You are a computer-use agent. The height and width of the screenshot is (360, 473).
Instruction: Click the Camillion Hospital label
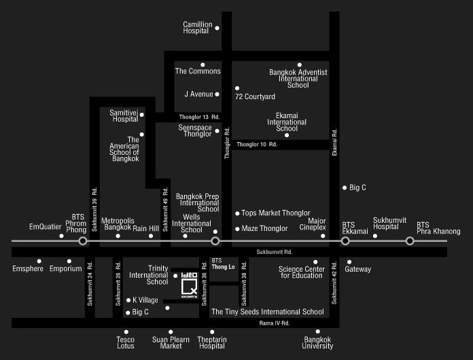click(x=198, y=27)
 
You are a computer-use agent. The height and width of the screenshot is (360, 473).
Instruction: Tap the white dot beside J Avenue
click(x=217, y=94)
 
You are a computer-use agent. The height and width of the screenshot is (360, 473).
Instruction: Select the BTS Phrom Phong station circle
click(x=83, y=241)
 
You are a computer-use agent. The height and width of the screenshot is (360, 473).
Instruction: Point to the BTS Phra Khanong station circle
click(x=410, y=241)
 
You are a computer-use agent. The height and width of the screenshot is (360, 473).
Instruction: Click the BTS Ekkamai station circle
click(x=345, y=241)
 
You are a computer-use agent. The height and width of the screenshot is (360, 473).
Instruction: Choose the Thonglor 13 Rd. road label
click(x=199, y=117)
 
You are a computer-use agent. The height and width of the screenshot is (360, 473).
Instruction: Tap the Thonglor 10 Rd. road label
click(x=257, y=145)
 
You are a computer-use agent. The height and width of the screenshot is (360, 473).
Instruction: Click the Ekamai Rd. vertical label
click(x=334, y=143)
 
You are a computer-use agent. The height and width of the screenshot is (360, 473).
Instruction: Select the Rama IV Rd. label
click(x=274, y=323)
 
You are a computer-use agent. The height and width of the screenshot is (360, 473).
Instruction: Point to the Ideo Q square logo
click(x=189, y=285)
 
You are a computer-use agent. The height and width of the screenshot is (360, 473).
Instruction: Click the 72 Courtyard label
click(x=255, y=96)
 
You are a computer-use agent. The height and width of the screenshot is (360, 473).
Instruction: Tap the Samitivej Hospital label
click(x=124, y=115)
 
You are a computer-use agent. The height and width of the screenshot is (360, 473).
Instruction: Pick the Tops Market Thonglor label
click(x=276, y=213)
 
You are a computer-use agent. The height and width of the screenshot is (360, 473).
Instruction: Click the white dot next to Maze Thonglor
click(x=237, y=229)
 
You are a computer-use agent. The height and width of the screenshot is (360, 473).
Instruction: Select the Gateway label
click(x=357, y=269)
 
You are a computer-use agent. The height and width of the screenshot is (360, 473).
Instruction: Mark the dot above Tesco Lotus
click(x=126, y=332)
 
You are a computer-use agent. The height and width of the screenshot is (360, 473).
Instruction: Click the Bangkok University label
click(x=317, y=343)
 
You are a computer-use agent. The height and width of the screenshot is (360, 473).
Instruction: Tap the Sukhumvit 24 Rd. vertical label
click(x=90, y=284)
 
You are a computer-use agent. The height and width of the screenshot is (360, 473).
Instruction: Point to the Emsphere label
click(x=28, y=269)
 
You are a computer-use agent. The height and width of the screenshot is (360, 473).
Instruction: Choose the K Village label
click(x=145, y=300)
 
